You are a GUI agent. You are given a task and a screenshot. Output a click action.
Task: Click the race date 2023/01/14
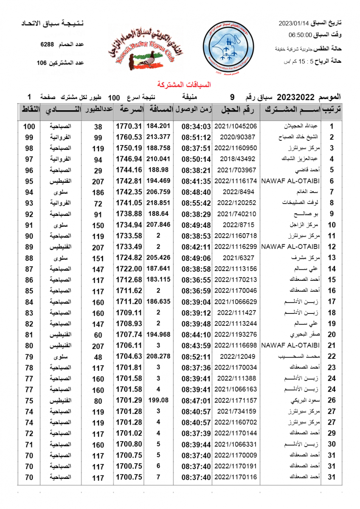click(x=293, y=22)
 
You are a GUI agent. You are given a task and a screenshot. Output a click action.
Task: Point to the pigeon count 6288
click(x=47, y=44)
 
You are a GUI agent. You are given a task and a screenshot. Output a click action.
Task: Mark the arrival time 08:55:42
click(x=196, y=203)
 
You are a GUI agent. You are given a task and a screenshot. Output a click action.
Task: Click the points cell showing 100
click(x=29, y=126)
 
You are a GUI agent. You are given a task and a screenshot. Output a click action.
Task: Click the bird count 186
click(x=98, y=192)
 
